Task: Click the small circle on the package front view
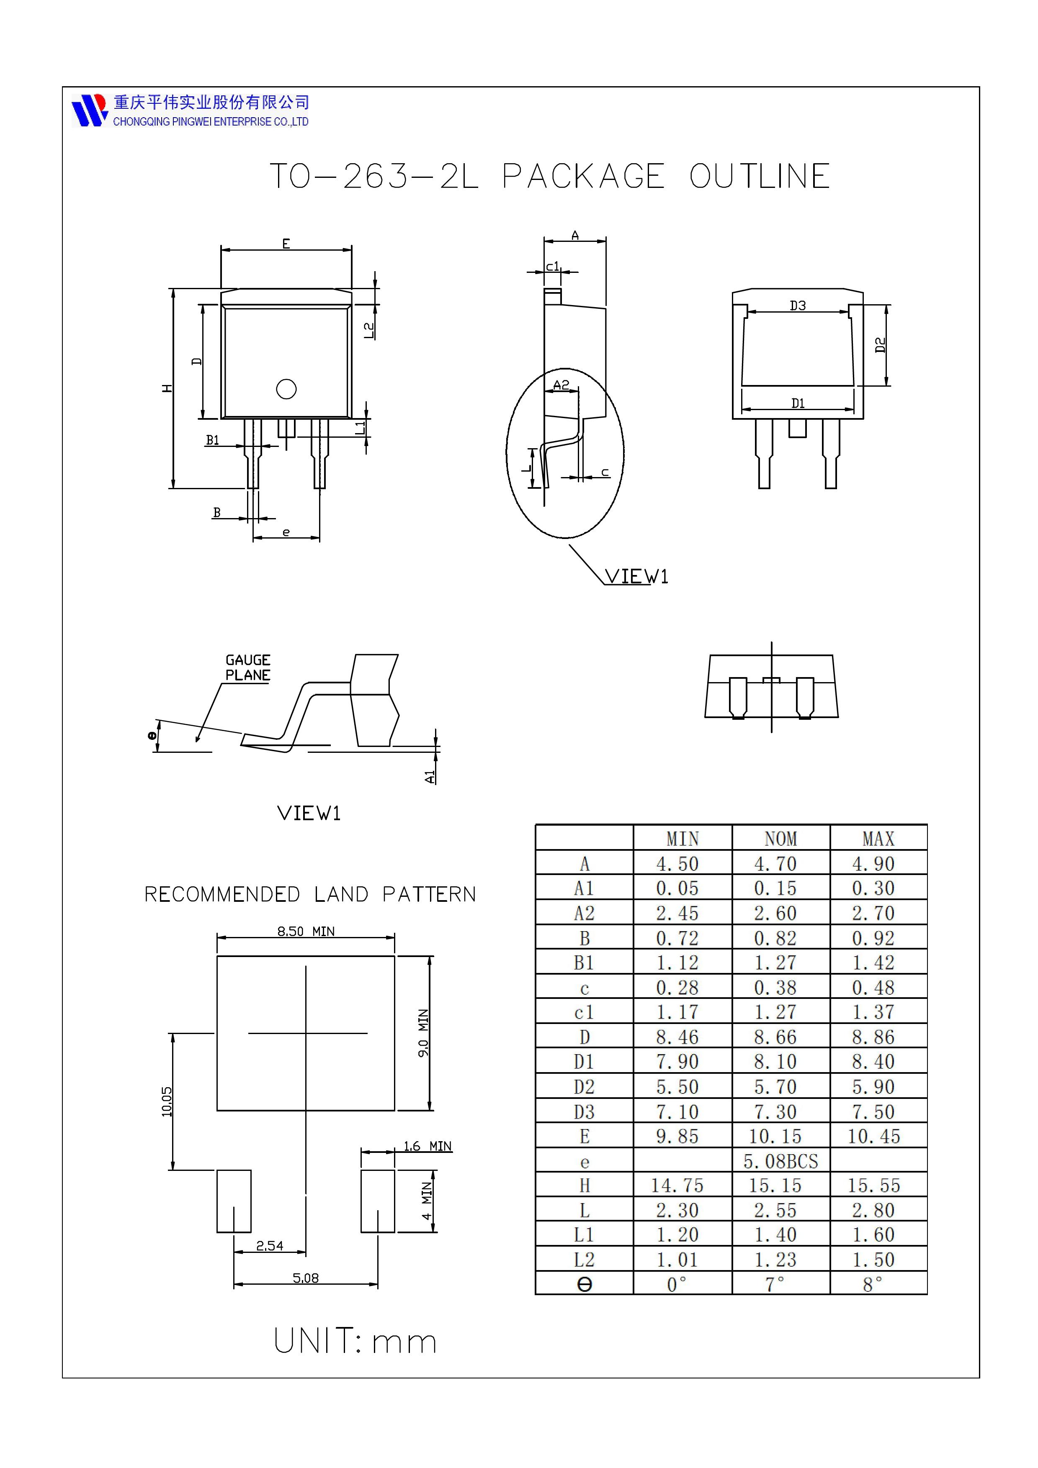tap(286, 389)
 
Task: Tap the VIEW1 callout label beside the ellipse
tap(636, 577)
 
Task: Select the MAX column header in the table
tap(878, 838)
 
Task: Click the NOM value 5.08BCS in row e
tap(780, 1161)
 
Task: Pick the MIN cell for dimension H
tap(677, 1186)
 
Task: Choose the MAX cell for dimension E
tap(873, 1136)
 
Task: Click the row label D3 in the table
tap(584, 1112)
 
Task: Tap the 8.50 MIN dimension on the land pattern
tap(306, 932)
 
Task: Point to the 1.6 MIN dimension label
tap(427, 1146)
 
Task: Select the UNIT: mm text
tap(355, 1341)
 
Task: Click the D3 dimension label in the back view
tap(798, 305)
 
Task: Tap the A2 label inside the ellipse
tap(561, 385)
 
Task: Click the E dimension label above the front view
tap(286, 244)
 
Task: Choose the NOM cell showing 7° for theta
tap(775, 1284)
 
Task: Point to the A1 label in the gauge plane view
tap(430, 776)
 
